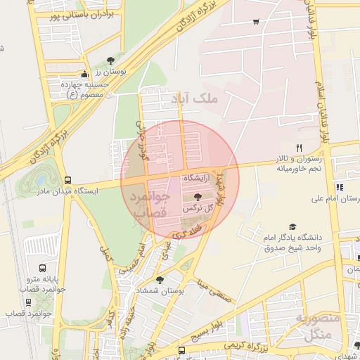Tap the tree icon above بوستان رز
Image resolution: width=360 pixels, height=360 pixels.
pos(110,61)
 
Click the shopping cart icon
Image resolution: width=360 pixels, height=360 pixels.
pos(255,21)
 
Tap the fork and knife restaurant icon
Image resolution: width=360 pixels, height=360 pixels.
pos(299,148)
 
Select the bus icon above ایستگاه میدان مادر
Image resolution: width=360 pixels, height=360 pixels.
pos(67,180)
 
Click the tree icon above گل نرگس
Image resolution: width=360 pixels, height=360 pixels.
pos(195,198)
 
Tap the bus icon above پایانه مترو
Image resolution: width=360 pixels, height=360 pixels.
pos(43,269)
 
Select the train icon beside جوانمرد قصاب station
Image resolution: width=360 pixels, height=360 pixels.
pos(28,302)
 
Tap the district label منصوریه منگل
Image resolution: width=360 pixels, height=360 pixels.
pos(318,327)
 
